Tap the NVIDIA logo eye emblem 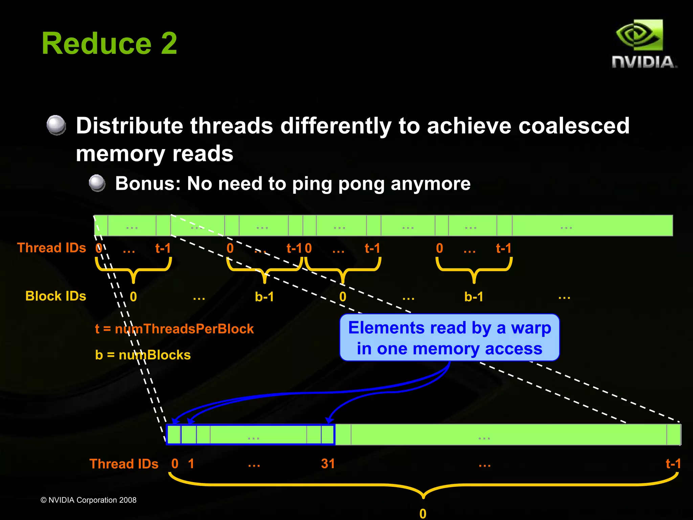639,35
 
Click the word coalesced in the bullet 574,126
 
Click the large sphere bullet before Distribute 56,125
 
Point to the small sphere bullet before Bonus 97,183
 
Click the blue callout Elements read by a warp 449,338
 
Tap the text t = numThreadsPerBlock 174,329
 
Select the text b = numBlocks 143,355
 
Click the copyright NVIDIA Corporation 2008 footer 88,500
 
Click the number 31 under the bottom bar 328,464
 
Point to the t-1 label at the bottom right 673,464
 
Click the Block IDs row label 56,296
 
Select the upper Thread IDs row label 51,248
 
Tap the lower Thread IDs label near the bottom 124,464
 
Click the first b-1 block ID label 264,297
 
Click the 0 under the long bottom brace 423,514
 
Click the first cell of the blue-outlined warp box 174,435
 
